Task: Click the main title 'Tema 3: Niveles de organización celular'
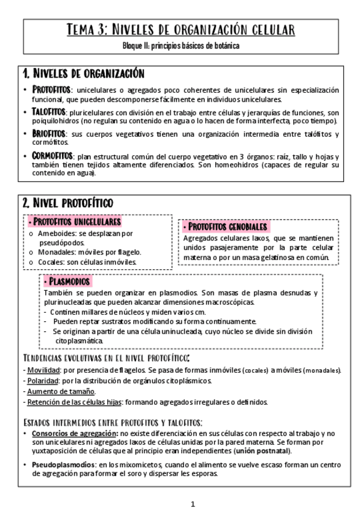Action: tap(180, 30)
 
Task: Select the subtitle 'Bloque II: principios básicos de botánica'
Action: tap(180, 46)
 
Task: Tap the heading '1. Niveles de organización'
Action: tap(83, 74)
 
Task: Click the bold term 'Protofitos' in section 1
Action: tap(51, 90)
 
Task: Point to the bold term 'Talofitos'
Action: tap(48, 112)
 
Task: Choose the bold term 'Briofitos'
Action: tap(48, 134)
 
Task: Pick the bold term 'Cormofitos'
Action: tap(52, 156)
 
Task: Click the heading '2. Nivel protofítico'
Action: tap(67, 203)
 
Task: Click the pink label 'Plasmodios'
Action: tap(68, 281)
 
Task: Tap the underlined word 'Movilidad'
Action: tap(43, 370)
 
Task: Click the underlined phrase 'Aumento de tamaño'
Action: tap(61, 391)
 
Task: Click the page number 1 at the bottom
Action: tap(193, 504)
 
